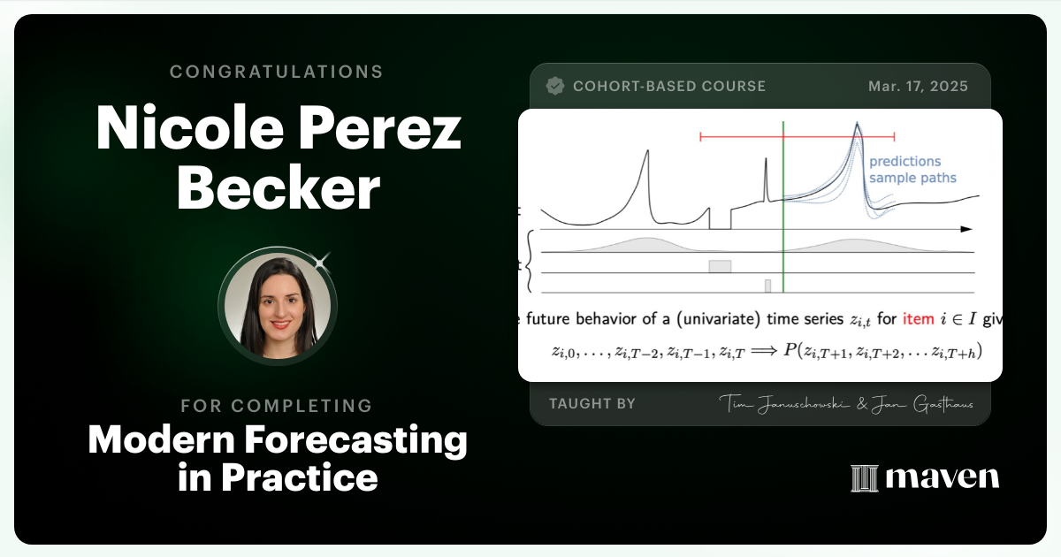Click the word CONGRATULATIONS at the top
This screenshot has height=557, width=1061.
(x=277, y=72)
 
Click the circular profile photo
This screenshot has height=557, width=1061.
(x=277, y=306)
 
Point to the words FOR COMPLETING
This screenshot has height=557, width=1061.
(x=277, y=406)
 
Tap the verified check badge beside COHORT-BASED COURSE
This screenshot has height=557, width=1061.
(x=555, y=86)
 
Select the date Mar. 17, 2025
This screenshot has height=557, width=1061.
(x=918, y=87)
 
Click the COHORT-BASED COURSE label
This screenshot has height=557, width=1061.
(x=668, y=87)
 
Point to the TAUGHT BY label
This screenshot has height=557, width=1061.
(x=592, y=403)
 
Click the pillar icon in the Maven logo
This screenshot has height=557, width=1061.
(x=863, y=478)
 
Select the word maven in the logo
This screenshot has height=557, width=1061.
(x=943, y=478)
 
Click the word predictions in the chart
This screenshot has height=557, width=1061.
(x=905, y=162)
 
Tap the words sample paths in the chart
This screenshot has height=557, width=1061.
(x=912, y=178)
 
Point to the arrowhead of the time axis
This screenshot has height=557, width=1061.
(x=966, y=229)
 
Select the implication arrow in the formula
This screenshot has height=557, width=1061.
(x=763, y=351)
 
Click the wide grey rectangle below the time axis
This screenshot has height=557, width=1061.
(x=720, y=266)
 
